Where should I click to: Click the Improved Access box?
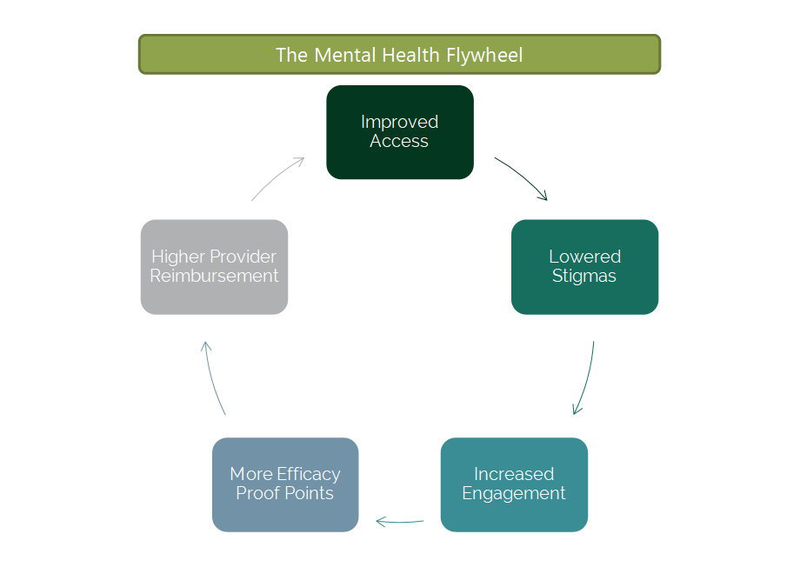(x=399, y=132)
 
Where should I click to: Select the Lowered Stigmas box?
(x=584, y=266)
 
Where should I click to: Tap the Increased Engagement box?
(x=514, y=484)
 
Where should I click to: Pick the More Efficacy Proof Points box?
(x=285, y=484)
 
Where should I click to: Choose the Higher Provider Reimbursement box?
(x=214, y=266)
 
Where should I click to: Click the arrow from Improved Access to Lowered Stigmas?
(x=521, y=178)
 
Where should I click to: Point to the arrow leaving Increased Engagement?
(x=399, y=522)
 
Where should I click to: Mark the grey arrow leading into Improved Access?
(x=277, y=178)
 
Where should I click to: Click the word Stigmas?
(x=584, y=277)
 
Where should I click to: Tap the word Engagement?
(x=514, y=494)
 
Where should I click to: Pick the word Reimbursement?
(x=214, y=277)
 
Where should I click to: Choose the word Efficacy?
(x=308, y=474)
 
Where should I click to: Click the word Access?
(x=399, y=142)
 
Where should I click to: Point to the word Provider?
(x=244, y=257)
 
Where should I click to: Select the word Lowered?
(x=584, y=257)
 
